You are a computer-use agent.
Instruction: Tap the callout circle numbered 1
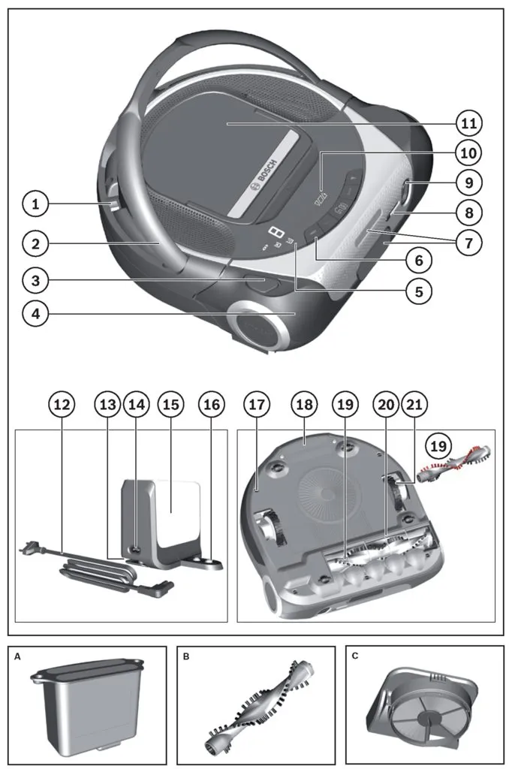pyautogui.click(x=35, y=204)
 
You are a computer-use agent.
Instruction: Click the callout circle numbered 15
pyautogui.click(x=171, y=404)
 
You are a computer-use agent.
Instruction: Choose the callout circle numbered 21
pyautogui.click(x=414, y=404)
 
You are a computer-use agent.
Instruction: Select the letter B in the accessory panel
pyautogui.click(x=185, y=656)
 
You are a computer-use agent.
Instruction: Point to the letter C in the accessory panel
pyautogui.click(x=354, y=656)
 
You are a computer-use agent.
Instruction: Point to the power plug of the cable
pyautogui.click(x=27, y=550)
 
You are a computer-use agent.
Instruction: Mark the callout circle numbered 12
pyautogui.click(x=63, y=404)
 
